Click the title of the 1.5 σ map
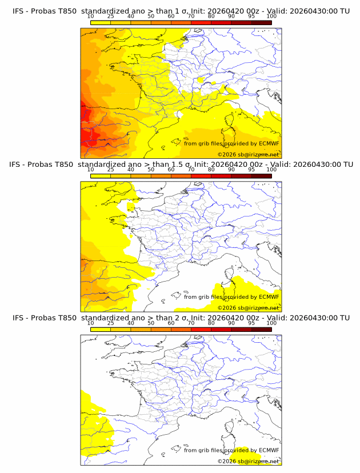181,165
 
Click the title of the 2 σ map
181,318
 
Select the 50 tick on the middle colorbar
151,169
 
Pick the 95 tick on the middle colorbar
251,169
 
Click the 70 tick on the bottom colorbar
191,323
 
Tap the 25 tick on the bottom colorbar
110,323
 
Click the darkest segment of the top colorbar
261,22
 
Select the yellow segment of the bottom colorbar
100,329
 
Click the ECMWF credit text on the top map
231,143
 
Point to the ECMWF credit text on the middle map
231,296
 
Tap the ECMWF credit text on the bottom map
231,450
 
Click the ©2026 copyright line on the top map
248,154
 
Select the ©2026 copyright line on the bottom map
248,461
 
